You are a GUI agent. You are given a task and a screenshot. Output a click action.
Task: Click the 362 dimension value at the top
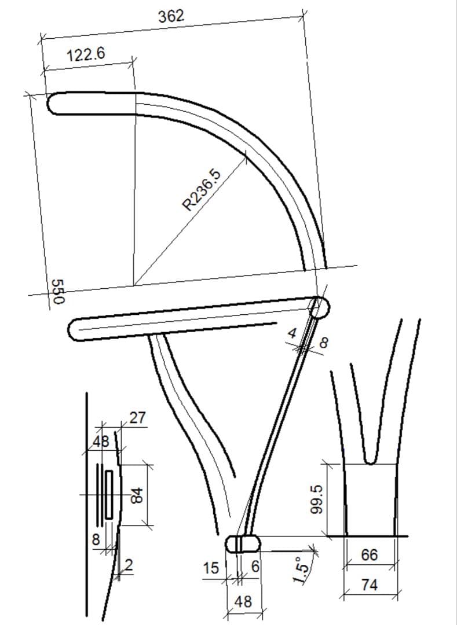pyautogui.click(x=171, y=16)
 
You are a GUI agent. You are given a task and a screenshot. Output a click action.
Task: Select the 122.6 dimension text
pyautogui.click(x=86, y=55)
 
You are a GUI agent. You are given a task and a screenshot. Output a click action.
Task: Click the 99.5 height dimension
pyautogui.click(x=315, y=497)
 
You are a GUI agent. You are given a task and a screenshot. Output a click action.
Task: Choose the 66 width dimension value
pyautogui.click(x=369, y=555)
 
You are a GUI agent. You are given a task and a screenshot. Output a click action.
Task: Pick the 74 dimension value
pyautogui.click(x=369, y=585)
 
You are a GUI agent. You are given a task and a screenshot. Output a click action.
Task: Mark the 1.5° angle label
pyautogui.click(x=299, y=572)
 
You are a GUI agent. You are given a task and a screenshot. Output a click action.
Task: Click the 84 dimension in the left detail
pyautogui.click(x=136, y=495)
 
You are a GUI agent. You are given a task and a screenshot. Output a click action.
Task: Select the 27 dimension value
pyautogui.click(x=138, y=417)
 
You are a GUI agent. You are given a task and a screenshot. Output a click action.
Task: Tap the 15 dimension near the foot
pyautogui.click(x=211, y=569)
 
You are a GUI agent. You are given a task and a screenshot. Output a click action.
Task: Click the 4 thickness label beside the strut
pyautogui.click(x=293, y=333)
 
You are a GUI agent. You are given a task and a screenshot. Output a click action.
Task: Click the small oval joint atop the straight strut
pyautogui.click(x=319, y=307)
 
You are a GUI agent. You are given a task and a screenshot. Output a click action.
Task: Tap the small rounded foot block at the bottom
pyautogui.click(x=243, y=544)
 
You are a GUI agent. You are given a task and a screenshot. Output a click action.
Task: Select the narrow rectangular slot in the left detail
pyautogui.click(x=108, y=494)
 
